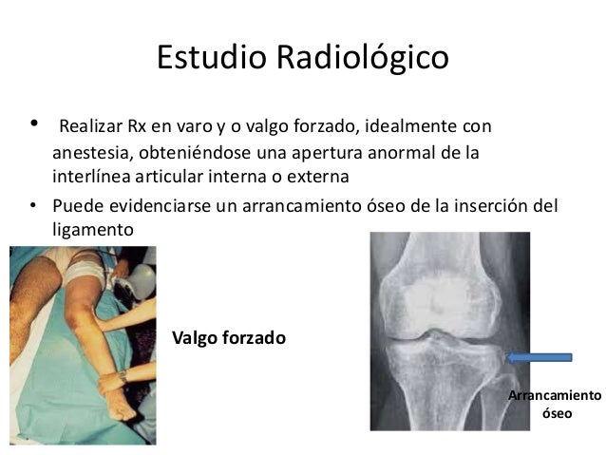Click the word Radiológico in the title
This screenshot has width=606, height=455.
pos(362,58)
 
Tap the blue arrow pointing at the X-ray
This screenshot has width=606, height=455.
pos(540,357)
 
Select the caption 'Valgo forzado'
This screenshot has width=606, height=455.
pos(228,337)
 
